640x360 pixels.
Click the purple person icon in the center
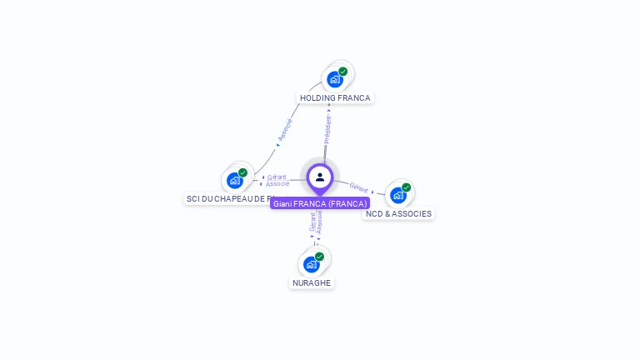(320, 177)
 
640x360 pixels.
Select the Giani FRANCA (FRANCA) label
(320, 203)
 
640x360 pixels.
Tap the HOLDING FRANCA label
(335, 97)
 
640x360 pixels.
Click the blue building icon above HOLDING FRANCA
(334, 79)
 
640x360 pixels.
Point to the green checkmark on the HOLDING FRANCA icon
(342, 72)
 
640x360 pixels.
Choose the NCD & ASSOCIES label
(398, 213)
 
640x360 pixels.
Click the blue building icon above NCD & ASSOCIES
(398, 195)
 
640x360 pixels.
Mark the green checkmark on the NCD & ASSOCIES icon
(406, 187)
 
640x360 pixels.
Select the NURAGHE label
(312, 282)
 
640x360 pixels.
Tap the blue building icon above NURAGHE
(311, 264)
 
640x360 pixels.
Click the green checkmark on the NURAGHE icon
(319, 257)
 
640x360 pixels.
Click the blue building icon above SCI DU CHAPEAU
(235, 180)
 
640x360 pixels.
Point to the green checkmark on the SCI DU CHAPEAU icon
(242, 172)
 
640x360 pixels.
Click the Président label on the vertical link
(327, 129)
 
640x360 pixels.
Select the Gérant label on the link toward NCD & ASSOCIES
(359, 188)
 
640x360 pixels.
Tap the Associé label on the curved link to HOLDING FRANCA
(285, 130)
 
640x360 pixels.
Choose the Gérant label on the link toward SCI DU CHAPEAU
(277, 177)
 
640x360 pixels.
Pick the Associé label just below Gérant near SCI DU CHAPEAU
(277, 183)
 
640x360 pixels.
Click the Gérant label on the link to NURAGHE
(312, 222)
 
